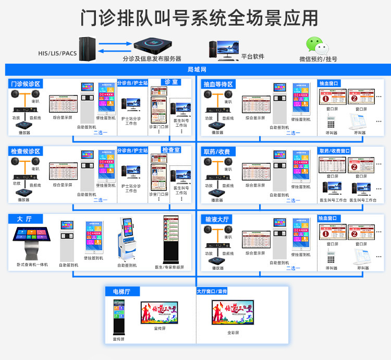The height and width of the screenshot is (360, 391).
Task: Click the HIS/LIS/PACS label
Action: tap(57, 53)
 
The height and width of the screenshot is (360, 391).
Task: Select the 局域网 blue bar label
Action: tap(197, 69)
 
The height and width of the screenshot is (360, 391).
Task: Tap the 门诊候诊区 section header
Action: tap(26, 84)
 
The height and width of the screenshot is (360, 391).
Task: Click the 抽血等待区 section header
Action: tap(218, 84)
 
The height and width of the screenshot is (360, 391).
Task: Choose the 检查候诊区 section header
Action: tap(26, 151)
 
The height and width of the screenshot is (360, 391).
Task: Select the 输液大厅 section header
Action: tap(218, 219)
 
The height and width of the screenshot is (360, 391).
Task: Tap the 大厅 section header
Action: tap(24, 219)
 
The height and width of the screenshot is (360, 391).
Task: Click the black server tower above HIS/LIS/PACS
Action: tap(85, 48)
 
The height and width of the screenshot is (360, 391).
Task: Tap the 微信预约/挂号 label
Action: tap(318, 59)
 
